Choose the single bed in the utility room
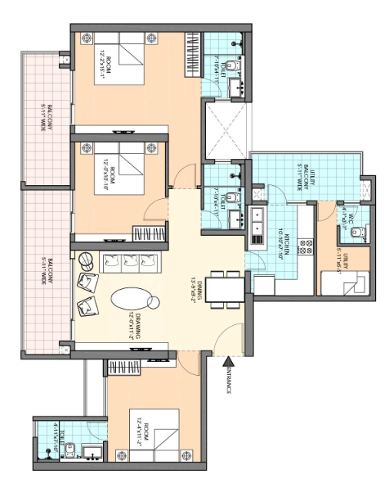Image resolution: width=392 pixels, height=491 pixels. click(x=349, y=289)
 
